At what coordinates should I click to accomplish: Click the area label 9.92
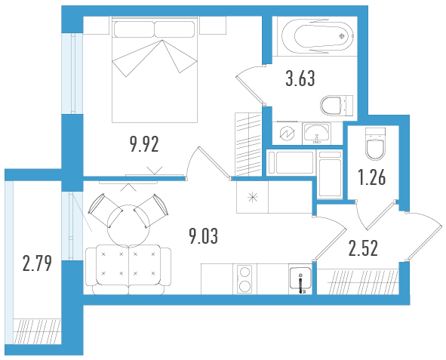[x=144, y=144]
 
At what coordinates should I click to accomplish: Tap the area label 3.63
[x=300, y=78]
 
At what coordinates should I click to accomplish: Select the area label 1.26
[x=372, y=177]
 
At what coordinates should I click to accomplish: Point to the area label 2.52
[x=363, y=248]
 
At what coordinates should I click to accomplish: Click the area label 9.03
[x=204, y=236]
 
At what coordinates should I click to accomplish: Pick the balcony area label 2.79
[x=37, y=263]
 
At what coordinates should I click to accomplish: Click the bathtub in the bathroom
[x=318, y=36]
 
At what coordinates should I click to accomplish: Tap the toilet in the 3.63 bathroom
[x=337, y=106]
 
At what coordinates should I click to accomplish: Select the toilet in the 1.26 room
[x=375, y=144]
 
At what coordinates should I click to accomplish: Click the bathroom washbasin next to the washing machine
[x=316, y=133]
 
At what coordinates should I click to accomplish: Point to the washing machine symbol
[x=287, y=133]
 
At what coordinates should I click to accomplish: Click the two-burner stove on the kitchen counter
[x=245, y=279]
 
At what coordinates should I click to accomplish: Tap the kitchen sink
[x=300, y=280]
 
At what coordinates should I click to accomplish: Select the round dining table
[x=128, y=225]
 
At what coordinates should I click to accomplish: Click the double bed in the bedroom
[x=155, y=69]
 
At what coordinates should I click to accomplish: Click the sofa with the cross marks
[x=128, y=269]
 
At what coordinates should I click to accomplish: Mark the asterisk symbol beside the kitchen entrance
[x=252, y=197]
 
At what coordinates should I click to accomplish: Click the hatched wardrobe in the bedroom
[x=248, y=144]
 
